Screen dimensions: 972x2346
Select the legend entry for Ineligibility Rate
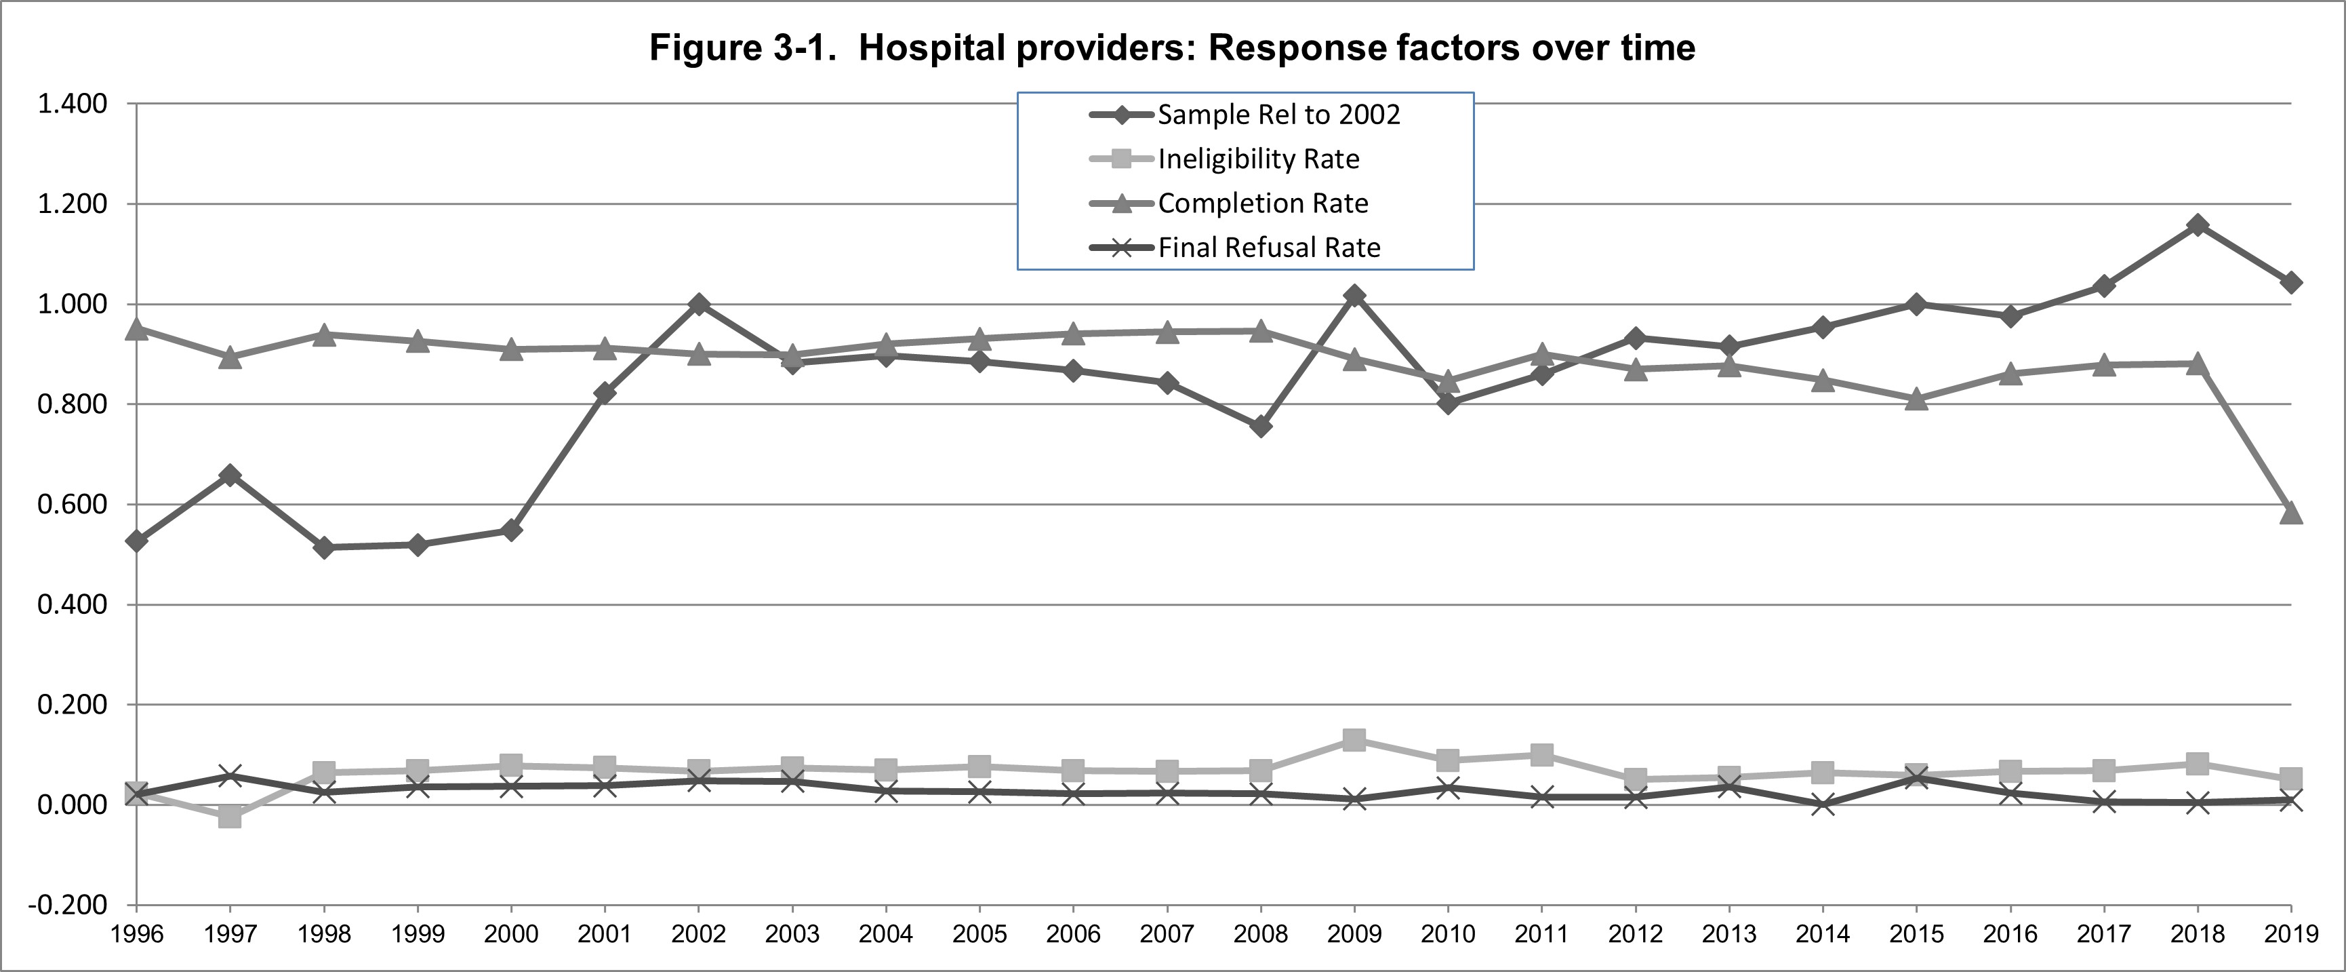pos(1257,159)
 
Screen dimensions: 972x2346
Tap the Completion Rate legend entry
pos(1262,203)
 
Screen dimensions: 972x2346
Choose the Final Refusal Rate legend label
pos(1269,248)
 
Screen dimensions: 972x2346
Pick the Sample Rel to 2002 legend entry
pos(1278,115)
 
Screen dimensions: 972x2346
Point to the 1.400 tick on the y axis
pos(72,104)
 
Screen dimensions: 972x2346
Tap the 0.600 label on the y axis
pos(72,505)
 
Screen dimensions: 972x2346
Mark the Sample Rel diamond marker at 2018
pos(2198,225)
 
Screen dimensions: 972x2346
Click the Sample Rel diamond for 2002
pos(699,305)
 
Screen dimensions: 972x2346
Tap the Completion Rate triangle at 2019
pos(2291,513)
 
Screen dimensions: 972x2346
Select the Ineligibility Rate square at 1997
pos(230,816)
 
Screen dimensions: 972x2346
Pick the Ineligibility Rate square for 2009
pos(1354,740)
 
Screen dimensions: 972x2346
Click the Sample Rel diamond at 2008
pos(1260,427)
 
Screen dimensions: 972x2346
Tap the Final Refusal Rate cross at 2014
pos(1822,804)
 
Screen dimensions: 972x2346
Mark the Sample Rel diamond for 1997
pos(230,475)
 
